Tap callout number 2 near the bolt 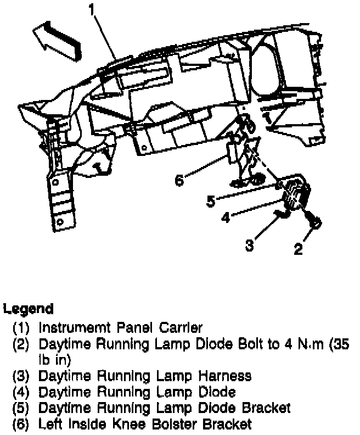tap(298, 250)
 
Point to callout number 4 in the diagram tap(226, 217)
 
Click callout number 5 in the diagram tap(211, 201)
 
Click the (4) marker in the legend tap(22, 392)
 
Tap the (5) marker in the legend tap(22, 408)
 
